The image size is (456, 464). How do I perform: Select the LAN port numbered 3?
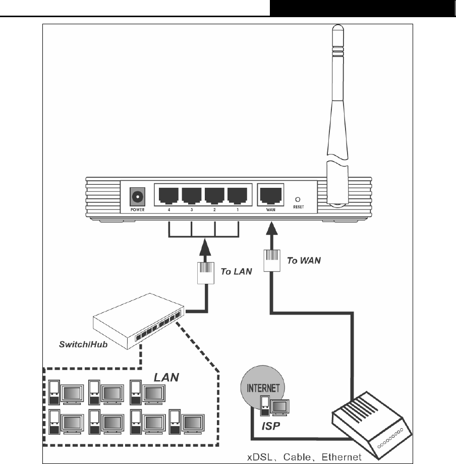click(x=192, y=194)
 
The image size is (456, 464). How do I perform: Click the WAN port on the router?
click(x=269, y=194)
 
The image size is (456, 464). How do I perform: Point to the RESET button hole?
click(x=298, y=199)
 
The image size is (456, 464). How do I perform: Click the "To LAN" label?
click(x=236, y=271)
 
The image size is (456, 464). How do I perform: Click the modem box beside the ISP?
click(x=371, y=424)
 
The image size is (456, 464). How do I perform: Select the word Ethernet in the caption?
click(x=342, y=457)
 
